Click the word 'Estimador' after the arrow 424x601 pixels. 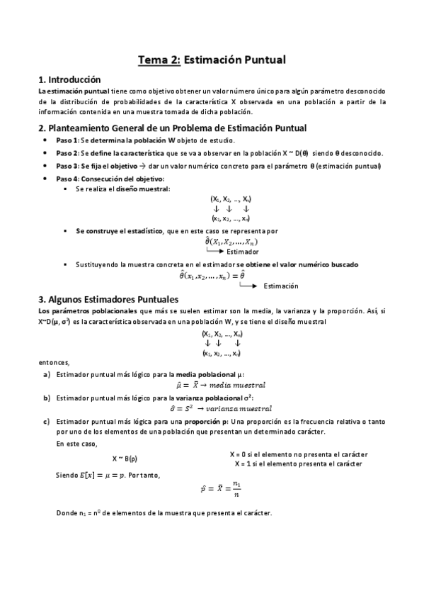pyautogui.click(x=243, y=252)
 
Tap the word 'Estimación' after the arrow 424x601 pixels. pyautogui.click(x=280, y=286)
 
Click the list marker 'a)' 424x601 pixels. pyautogui.click(x=47, y=373)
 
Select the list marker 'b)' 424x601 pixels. pyautogui.click(x=47, y=398)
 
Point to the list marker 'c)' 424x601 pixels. pyautogui.click(x=47, y=422)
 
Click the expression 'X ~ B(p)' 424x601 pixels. pyautogui.click(x=125, y=459)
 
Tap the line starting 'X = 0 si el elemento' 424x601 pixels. pyautogui.click(x=296, y=454)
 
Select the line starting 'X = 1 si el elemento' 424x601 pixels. pyautogui.click(x=298, y=464)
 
